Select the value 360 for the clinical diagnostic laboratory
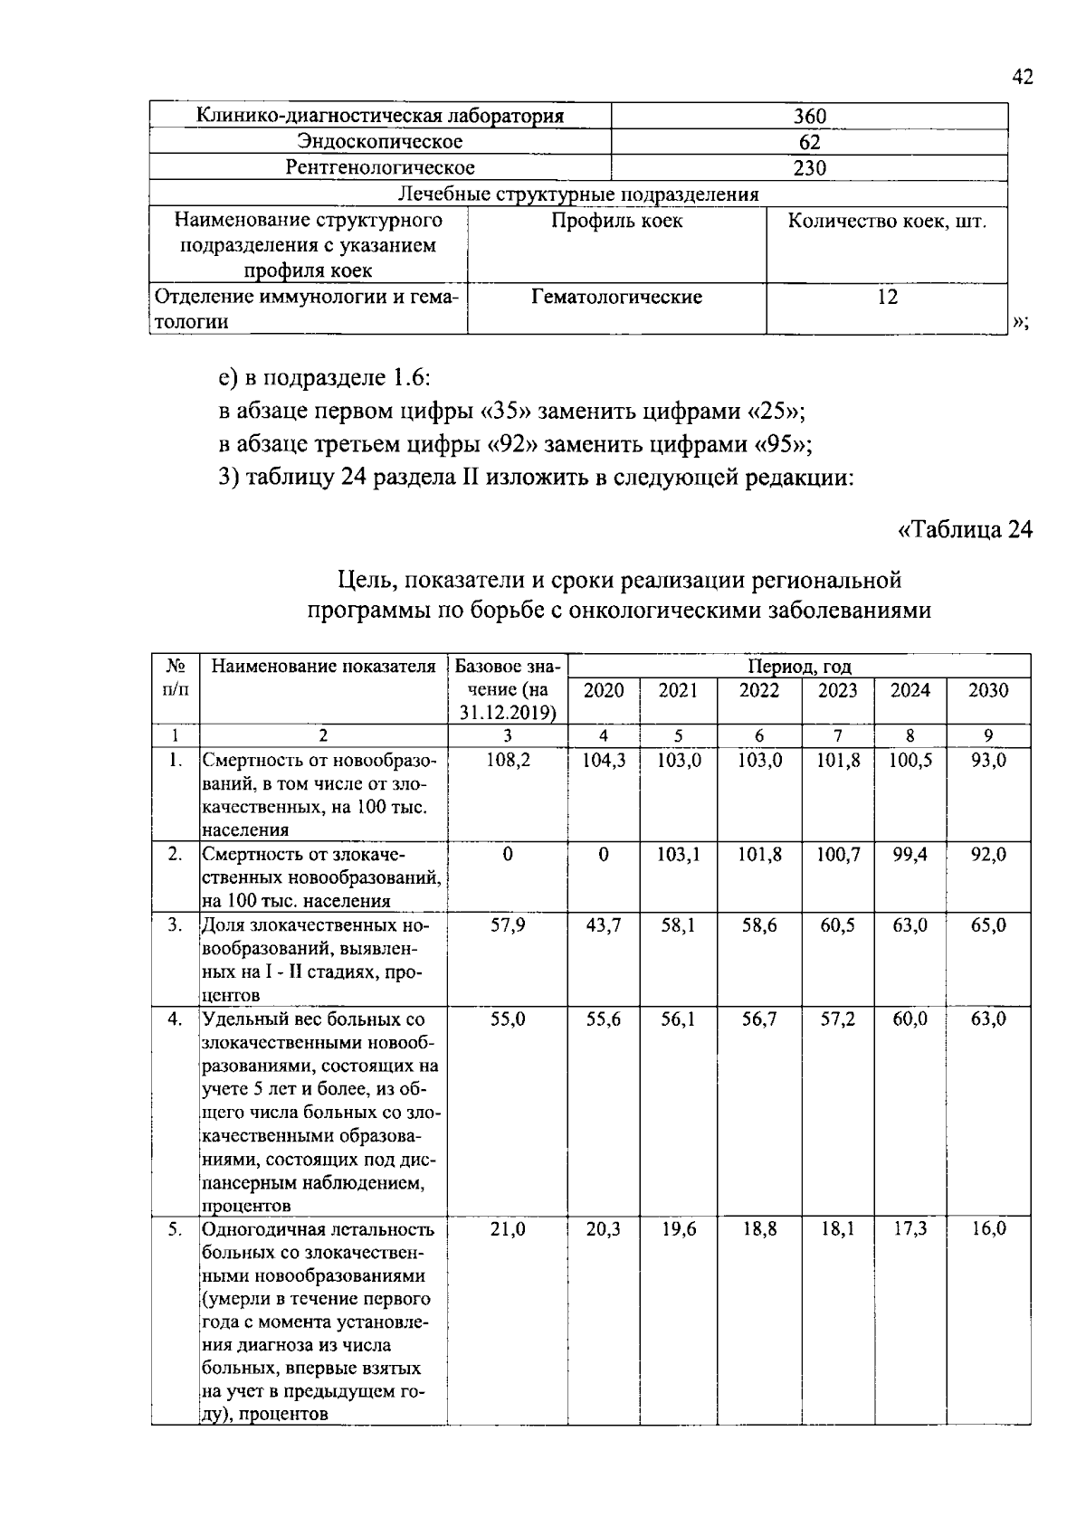(x=809, y=116)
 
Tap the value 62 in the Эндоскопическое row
(x=809, y=142)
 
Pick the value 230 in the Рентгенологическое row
(x=809, y=167)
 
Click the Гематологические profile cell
(x=616, y=297)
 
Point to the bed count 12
(x=887, y=297)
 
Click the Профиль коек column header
(x=616, y=221)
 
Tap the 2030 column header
(x=987, y=690)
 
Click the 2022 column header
(x=758, y=690)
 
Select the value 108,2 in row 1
(x=508, y=761)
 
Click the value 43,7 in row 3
(x=604, y=925)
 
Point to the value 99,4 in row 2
(x=910, y=854)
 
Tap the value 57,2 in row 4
(x=837, y=1019)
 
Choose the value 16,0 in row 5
(x=987, y=1229)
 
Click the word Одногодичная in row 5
(x=259, y=1229)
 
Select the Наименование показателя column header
(x=323, y=667)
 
